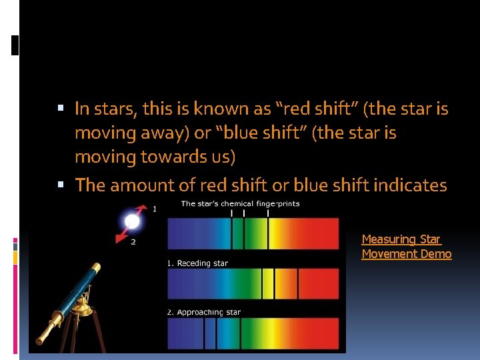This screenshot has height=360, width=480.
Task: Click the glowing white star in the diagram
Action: [x=133, y=221]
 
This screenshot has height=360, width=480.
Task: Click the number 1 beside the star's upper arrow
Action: [x=155, y=209]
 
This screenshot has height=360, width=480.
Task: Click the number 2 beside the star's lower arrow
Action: [x=133, y=242]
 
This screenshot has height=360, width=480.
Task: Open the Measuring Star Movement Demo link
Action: [x=406, y=247]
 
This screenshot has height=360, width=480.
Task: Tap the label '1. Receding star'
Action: [x=197, y=263]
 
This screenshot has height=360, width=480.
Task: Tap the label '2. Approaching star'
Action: [x=203, y=312]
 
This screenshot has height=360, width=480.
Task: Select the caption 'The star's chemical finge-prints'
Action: [x=240, y=203]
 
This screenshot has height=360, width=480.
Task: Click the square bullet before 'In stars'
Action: [x=61, y=108]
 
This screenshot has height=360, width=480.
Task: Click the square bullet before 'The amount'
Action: [x=61, y=185]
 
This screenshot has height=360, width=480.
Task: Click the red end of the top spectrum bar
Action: [x=323, y=233]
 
